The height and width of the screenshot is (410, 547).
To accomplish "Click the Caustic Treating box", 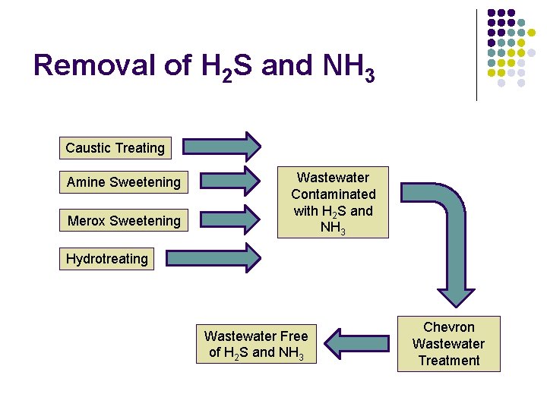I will click(x=115, y=148).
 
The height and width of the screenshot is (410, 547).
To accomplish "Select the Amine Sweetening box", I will click(x=124, y=182).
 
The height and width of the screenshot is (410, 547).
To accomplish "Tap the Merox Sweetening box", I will click(x=124, y=221).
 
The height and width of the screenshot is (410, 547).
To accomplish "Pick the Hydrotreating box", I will click(x=107, y=259).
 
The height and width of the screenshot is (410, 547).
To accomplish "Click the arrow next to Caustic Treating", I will click(x=223, y=147).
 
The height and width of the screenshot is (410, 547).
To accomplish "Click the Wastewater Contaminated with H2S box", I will click(x=333, y=202).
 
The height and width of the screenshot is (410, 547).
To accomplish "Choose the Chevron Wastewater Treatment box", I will click(x=448, y=344).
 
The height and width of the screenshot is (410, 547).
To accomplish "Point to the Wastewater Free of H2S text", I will click(x=256, y=344).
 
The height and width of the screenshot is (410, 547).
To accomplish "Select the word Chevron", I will click(x=448, y=327).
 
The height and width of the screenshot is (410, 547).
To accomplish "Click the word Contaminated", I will click(x=333, y=194).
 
